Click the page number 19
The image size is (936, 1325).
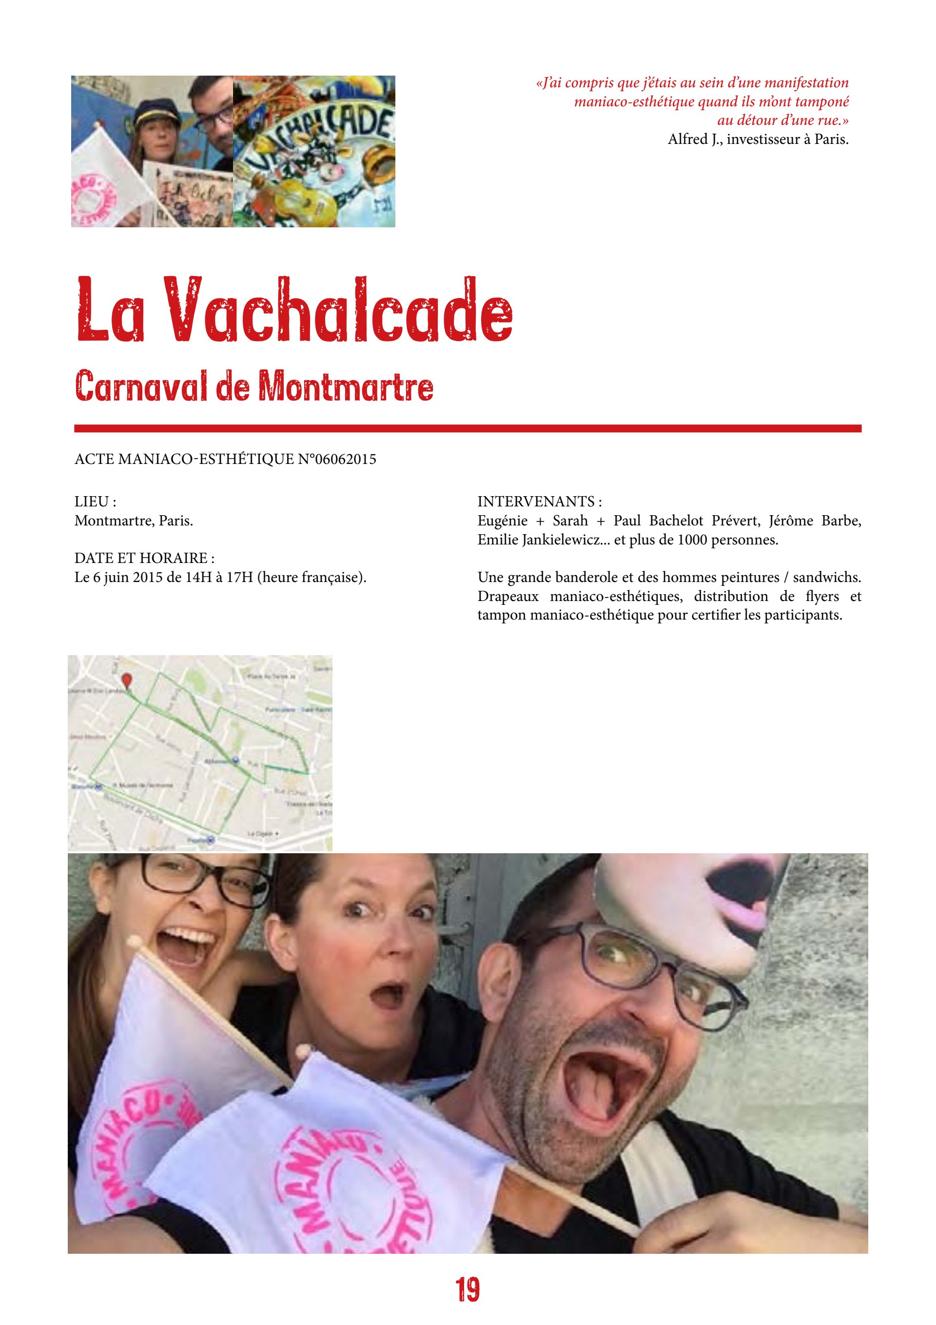tap(468, 1289)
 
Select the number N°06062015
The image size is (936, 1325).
tap(336, 460)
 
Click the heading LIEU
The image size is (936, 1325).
tap(95, 502)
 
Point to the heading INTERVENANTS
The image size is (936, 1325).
tap(539, 502)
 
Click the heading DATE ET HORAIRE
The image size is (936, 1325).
tap(144, 558)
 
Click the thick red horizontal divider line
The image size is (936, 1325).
tap(468, 428)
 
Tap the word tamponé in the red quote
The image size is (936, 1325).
tap(821, 101)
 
